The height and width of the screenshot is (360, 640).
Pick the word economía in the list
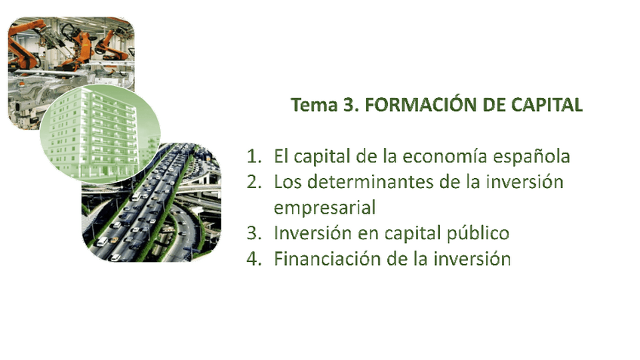pos(441,157)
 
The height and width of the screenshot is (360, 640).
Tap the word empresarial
pos(325,207)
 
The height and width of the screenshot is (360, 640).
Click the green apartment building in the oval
pos(99,128)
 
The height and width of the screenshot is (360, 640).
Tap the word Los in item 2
pos(288,182)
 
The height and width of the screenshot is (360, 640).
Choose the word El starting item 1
pos(282,157)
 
